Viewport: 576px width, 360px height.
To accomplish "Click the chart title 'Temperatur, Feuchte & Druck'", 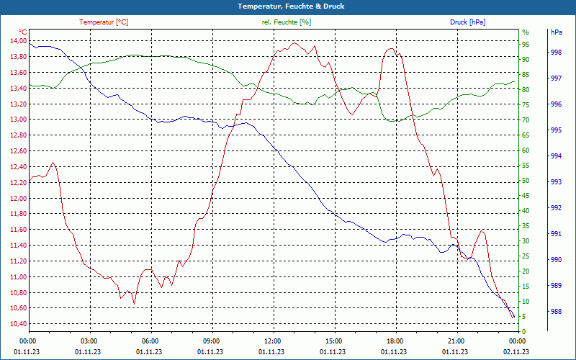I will coord(288,6).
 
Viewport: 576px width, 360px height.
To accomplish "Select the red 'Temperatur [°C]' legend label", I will coord(104,22).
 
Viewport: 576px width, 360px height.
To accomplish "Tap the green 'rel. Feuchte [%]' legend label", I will coord(287,22).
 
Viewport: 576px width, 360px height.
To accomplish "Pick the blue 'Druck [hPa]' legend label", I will coord(467,22).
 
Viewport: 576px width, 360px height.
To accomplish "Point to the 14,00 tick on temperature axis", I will coord(17,40).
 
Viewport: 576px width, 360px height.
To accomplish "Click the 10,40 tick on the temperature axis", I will coord(17,323).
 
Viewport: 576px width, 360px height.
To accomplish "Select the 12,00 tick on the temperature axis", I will coord(17,198).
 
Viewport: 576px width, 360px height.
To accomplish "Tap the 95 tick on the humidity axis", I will coord(526,44).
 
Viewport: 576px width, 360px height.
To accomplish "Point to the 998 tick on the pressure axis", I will coord(556,53).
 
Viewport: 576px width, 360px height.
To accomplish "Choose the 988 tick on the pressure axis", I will coord(556,312).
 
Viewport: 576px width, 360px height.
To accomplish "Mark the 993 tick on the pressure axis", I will coord(556,182).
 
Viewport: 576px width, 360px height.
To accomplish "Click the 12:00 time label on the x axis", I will coord(273,341).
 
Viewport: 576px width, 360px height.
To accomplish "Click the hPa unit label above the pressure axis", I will coord(556,32).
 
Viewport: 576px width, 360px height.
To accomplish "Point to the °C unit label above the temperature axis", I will coord(22,32).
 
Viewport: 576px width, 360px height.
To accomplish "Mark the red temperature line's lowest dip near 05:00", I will coord(134,304).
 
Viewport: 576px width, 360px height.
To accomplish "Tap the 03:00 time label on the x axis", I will coord(89,341).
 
